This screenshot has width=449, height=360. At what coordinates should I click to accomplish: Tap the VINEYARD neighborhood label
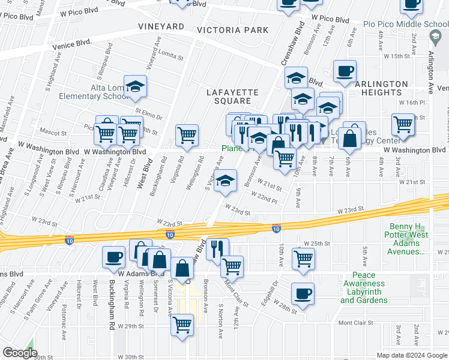(x=161, y=26)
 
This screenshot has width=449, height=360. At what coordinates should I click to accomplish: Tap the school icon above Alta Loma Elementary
(x=136, y=86)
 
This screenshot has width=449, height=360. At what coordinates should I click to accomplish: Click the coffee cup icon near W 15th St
(x=345, y=71)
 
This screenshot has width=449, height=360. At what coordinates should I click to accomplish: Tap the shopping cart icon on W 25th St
(x=304, y=259)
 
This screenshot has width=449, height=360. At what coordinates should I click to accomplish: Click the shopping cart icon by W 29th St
(x=182, y=325)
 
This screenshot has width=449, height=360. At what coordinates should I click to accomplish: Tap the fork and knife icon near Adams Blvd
(x=217, y=248)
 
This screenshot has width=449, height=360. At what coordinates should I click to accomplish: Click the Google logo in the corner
(x=20, y=353)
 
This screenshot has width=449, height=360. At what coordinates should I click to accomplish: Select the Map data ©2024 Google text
(x=411, y=355)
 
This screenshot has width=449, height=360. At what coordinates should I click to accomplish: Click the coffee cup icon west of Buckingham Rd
(x=113, y=257)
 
